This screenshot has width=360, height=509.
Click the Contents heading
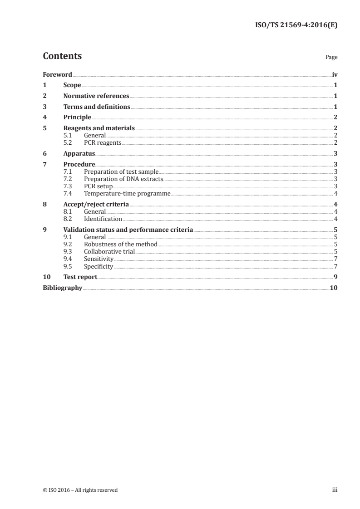pos(62,56)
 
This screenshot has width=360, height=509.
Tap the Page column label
pos(331,58)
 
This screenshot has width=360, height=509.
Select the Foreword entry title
pos(57,74)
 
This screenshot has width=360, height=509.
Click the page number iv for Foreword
pos(335,74)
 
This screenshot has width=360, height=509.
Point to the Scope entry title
pos(72,85)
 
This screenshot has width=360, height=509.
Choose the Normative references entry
pos(96,96)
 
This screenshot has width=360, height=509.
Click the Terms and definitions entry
pos(97,107)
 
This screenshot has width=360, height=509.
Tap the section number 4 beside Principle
pos(44,117)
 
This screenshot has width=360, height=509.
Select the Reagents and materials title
pos(99,128)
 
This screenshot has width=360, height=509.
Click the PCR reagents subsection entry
pos(103,142)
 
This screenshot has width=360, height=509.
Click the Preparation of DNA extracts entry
pos(123,179)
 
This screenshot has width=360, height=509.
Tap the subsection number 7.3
pos(68,186)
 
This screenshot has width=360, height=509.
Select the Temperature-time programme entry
pos(127,193)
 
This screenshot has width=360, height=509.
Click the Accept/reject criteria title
pos(96,205)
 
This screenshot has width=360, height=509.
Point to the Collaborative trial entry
pos(109,251)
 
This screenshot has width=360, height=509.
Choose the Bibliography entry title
pos(62,288)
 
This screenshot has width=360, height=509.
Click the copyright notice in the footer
pos(80,490)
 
